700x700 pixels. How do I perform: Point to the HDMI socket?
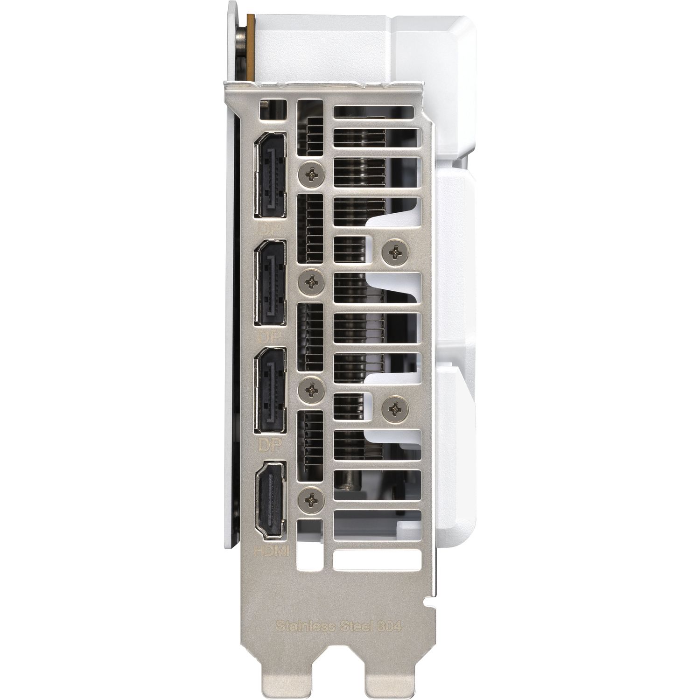[x=271, y=500]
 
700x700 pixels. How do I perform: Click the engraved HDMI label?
[x=271, y=551]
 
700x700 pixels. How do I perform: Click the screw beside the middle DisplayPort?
[x=310, y=281]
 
